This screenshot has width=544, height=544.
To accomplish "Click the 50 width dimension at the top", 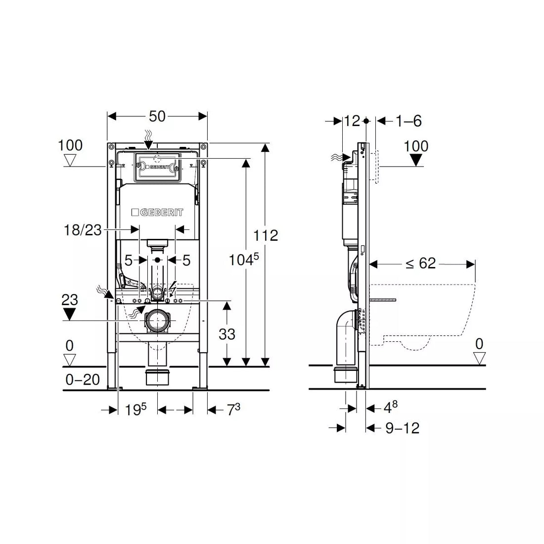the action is pyautogui.click(x=157, y=117).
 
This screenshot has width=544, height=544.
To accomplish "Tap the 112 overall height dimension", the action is pyautogui.click(x=266, y=235).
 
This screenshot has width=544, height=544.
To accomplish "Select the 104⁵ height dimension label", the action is pyautogui.click(x=243, y=260).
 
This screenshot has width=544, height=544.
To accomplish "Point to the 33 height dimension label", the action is pyautogui.click(x=227, y=334).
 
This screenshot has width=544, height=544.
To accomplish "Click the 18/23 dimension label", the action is pyautogui.click(x=83, y=229).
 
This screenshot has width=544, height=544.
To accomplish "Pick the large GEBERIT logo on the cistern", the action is pyautogui.click(x=157, y=212).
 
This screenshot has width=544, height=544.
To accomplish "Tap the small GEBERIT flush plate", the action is pyautogui.click(x=157, y=167).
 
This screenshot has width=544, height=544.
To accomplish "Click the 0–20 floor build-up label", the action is pyautogui.click(x=83, y=380).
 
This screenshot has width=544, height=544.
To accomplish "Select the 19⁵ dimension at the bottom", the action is pyautogui.click(x=136, y=410).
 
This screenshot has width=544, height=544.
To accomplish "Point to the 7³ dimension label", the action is pyautogui.click(x=233, y=409).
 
